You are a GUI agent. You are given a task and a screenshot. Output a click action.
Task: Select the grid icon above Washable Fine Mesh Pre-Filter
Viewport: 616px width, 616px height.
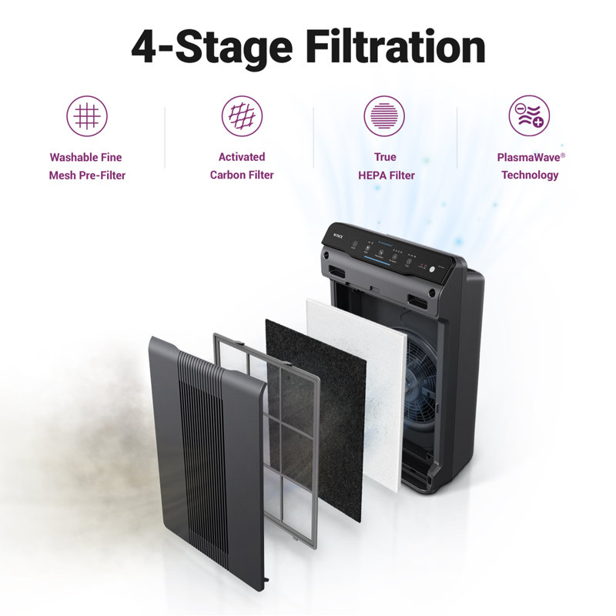(87, 116)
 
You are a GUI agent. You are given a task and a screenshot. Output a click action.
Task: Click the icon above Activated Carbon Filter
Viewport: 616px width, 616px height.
(242, 116)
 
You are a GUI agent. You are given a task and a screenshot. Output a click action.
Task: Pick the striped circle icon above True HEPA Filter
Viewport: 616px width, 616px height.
(384, 116)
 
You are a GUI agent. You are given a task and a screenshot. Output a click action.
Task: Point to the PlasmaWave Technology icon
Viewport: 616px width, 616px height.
(529, 116)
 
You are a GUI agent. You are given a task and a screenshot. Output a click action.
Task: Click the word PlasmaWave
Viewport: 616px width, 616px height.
(527, 157)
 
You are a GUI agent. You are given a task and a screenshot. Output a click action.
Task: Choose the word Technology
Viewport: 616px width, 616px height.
(530, 175)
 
